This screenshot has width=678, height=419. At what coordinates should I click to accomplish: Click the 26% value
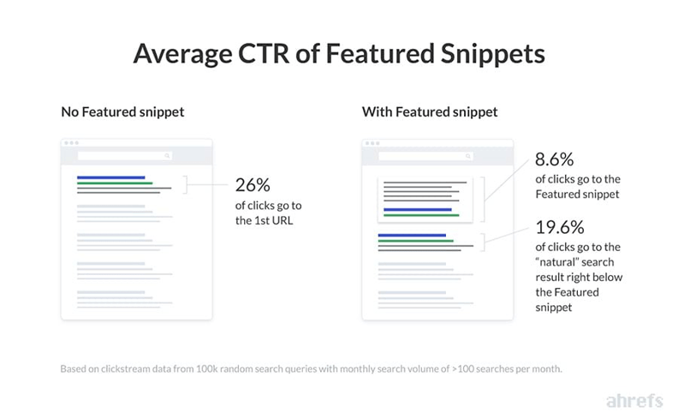click(253, 185)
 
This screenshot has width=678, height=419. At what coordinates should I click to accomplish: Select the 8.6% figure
click(554, 159)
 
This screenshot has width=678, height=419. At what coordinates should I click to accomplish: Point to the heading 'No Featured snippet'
click(122, 111)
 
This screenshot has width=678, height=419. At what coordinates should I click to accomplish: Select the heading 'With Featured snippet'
click(430, 111)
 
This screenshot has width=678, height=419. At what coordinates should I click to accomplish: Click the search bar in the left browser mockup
click(125, 156)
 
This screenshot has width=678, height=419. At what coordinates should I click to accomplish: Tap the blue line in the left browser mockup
click(110, 177)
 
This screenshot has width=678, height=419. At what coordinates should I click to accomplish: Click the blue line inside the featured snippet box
click(417, 209)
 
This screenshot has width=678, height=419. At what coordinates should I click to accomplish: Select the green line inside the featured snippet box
click(421, 215)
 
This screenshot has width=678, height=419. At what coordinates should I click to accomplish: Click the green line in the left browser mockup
click(114, 183)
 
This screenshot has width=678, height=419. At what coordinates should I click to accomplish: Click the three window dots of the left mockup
click(71, 143)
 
